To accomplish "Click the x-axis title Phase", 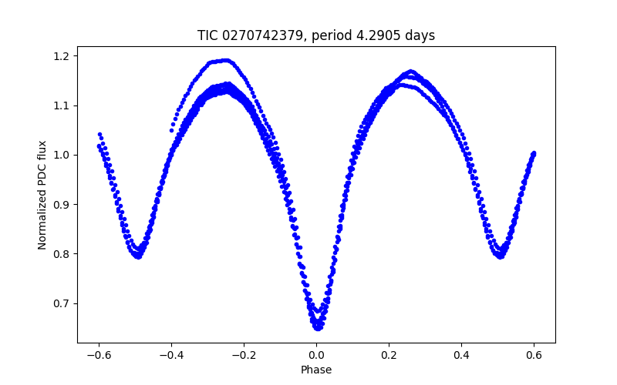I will pyautogui.click(x=316, y=370).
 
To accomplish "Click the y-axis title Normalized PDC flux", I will pyautogui.click(x=42, y=194).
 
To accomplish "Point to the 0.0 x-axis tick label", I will pyautogui.click(x=316, y=355).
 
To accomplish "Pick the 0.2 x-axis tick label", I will pyautogui.click(x=389, y=355).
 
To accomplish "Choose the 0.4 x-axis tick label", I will pyautogui.click(x=461, y=355).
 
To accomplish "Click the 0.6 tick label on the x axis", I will pyautogui.click(x=534, y=355).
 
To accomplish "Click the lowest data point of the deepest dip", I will pyautogui.click(x=317, y=328).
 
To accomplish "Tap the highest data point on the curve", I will pyautogui.click(x=226, y=59).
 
